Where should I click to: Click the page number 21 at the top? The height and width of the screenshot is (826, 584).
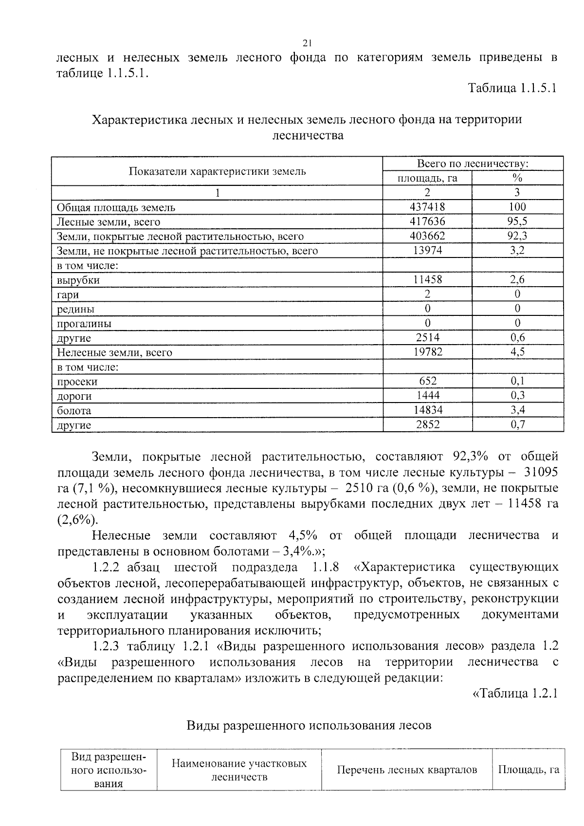tap(307, 43)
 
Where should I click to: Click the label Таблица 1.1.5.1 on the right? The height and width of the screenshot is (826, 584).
tap(511, 88)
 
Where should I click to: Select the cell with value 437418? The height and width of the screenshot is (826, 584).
tap(427, 207)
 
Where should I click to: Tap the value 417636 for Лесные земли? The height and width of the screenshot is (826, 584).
tap(427, 221)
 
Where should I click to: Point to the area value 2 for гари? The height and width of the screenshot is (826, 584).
tap(427, 294)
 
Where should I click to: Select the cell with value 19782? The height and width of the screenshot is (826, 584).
tap(427, 352)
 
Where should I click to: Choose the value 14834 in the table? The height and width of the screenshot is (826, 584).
tap(427, 410)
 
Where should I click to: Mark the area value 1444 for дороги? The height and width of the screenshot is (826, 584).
tap(427, 395)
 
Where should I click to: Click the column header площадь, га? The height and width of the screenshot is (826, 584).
tap(427, 178)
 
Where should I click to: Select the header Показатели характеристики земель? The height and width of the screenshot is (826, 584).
tap(217, 171)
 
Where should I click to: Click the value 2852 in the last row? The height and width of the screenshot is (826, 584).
tap(427, 424)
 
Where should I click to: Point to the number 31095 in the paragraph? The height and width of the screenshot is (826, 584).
tap(540, 472)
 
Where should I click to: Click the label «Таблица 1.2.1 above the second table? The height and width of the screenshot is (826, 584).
tap(515, 693)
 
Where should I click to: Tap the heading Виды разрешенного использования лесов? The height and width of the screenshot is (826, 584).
tap(309, 725)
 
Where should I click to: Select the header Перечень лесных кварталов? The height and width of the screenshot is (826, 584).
tap(407, 770)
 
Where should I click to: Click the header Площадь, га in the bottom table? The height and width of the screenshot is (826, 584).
tap(529, 770)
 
